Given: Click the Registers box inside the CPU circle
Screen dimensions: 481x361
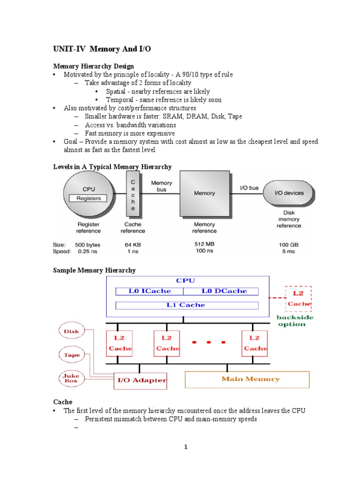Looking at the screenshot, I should (x=88, y=198).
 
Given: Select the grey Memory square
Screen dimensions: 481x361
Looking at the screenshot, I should (x=204, y=193).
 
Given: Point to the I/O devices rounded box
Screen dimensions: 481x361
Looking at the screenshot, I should (x=289, y=193).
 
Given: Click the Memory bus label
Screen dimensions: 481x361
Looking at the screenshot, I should (x=161, y=186).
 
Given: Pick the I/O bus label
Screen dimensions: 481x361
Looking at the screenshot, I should (x=249, y=187).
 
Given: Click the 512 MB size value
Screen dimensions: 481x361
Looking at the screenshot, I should (x=204, y=244).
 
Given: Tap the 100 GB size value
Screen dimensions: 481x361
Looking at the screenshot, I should (x=289, y=245).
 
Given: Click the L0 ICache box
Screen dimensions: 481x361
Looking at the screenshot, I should (x=150, y=291).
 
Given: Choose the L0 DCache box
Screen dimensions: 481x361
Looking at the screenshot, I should (x=224, y=291).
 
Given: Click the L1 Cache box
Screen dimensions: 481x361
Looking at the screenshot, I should (x=187, y=305).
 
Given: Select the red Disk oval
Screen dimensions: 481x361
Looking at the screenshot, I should (x=72, y=332).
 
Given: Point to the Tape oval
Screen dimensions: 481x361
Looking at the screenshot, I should (x=72, y=355).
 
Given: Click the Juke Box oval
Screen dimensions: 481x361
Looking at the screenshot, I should (x=72, y=378).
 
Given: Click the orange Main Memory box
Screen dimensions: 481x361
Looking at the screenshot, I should (x=247, y=379).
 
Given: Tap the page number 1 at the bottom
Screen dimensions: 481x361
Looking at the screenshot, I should (x=186, y=447).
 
